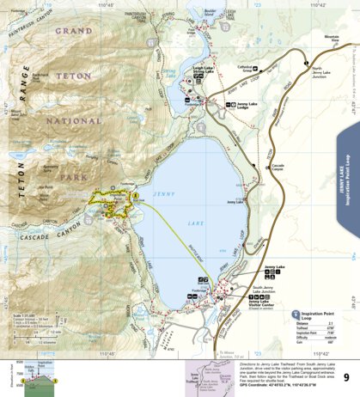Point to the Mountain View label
click(x=332, y=40)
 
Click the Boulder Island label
click(x=228, y=14)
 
